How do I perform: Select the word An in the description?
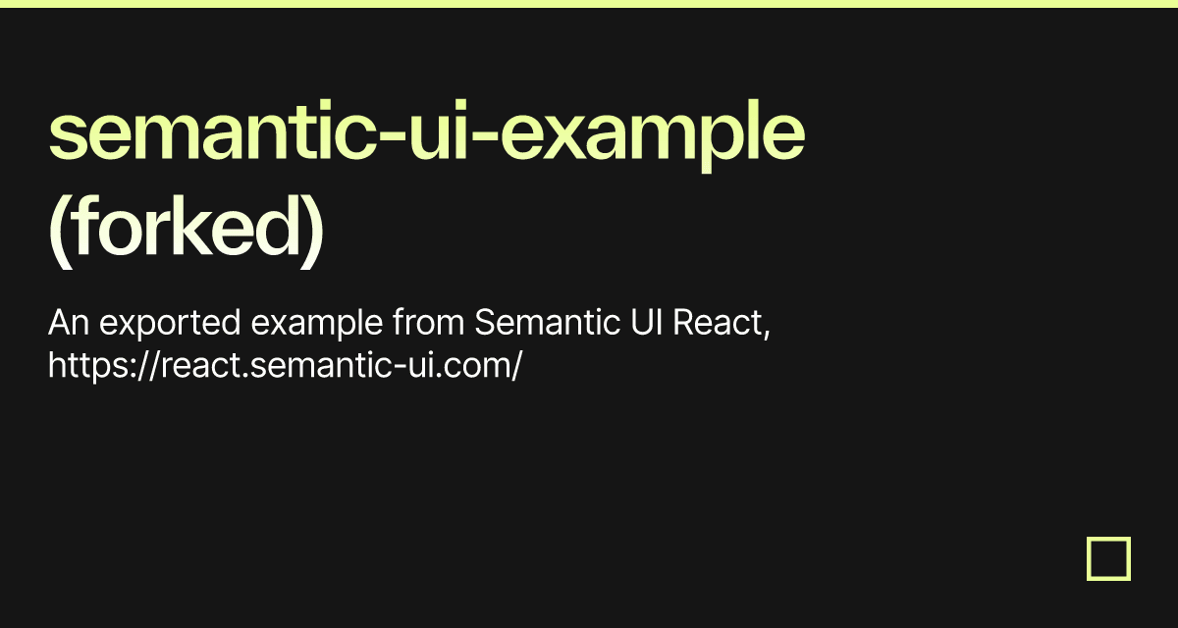(x=69, y=322)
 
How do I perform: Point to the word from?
(x=429, y=322)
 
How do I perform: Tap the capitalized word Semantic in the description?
(x=548, y=322)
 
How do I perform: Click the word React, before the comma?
(x=718, y=322)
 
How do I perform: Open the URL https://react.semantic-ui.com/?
(x=285, y=366)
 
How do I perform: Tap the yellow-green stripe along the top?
(x=589, y=4)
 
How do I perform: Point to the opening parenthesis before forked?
(x=59, y=232)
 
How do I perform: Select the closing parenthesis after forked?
(x=312, y=232)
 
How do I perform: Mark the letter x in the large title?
(x=563, y=136)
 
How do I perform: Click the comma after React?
(x=767, y=332)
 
